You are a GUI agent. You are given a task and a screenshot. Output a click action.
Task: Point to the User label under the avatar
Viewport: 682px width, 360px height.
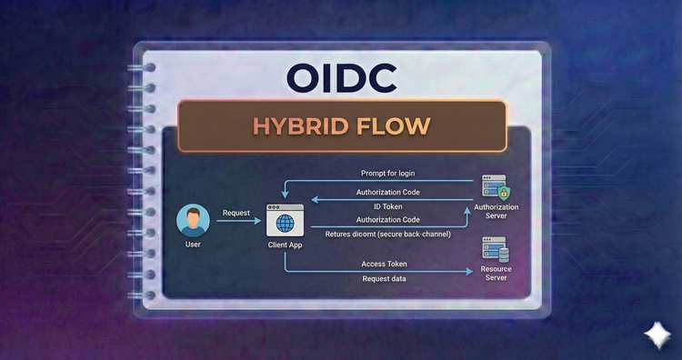tap(193, 245)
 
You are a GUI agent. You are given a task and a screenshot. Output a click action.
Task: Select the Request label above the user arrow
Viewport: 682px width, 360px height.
tap(236, 213)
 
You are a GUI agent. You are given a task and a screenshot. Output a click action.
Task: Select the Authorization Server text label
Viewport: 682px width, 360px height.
tap(496, 213)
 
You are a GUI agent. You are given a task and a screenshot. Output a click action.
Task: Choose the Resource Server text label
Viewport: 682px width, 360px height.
tap(496, 273)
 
